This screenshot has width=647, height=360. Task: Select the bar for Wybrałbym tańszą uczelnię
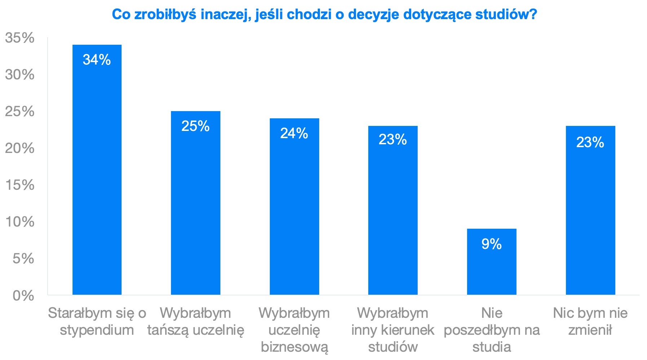[x=195, y=209]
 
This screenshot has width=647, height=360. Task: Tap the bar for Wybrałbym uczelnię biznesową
[x=294, y=213]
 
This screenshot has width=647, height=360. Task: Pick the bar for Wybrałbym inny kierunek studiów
[x=393, y=216]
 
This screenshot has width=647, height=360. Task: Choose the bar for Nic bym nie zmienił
[x=590, y=216]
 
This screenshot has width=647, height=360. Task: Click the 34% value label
[x=97, y=60]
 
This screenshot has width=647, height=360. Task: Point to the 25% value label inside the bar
[x=195, y=126]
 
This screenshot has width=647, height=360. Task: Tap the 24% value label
[x=294, y=133]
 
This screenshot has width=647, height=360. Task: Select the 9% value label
[x=492, y=244]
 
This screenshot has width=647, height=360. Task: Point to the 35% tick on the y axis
[x=20, y=38]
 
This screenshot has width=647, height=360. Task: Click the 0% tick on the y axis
[x=23, y=296]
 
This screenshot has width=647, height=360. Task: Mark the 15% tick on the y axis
[x=20, y=185]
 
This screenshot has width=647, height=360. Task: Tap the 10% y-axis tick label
[x=20, y=222]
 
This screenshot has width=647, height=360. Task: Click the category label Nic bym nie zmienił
[x=590, y=321]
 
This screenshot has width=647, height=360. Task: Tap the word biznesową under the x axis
[x=294, y=347]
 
